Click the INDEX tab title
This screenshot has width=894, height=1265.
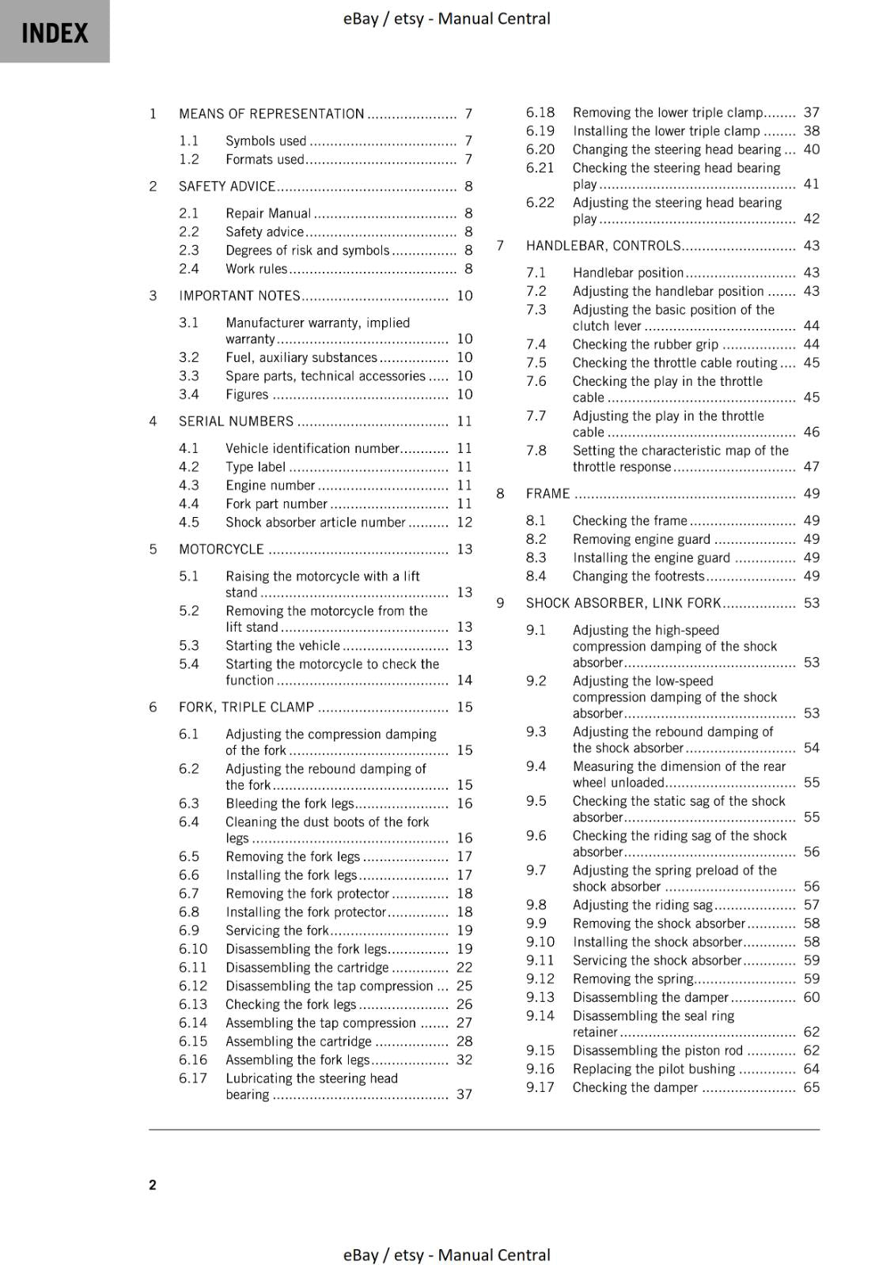click(55, 33)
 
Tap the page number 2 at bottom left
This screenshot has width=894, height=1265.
click(153, 1184)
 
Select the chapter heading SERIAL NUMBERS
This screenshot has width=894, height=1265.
click(236, 421)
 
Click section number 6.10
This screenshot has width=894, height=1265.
click(193, 949)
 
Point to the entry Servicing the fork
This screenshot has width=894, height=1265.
click(277, 931)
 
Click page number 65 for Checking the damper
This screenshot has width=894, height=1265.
click(811, 1087)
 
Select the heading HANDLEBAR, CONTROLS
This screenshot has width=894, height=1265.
click(603, 246)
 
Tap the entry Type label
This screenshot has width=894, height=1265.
click(255, 467)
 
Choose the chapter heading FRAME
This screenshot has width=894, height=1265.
click(547, 493)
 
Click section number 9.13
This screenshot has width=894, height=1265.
click(540, 997)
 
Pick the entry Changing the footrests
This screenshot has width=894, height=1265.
click(638, 576)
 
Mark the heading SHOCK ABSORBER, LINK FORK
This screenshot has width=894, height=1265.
click(623, 603)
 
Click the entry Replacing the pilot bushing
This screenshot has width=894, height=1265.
click(653, 1069)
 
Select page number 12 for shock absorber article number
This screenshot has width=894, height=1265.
click(464, 523)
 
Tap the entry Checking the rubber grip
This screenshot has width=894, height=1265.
click(646, 344)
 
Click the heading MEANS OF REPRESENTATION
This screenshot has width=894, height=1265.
click(271, 114)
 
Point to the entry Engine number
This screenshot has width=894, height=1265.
click(270, 485)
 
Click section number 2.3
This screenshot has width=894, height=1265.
click(189, 250)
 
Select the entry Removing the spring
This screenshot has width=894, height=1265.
click(633, 979)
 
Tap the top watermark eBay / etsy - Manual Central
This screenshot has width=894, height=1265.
click(446, 18)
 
